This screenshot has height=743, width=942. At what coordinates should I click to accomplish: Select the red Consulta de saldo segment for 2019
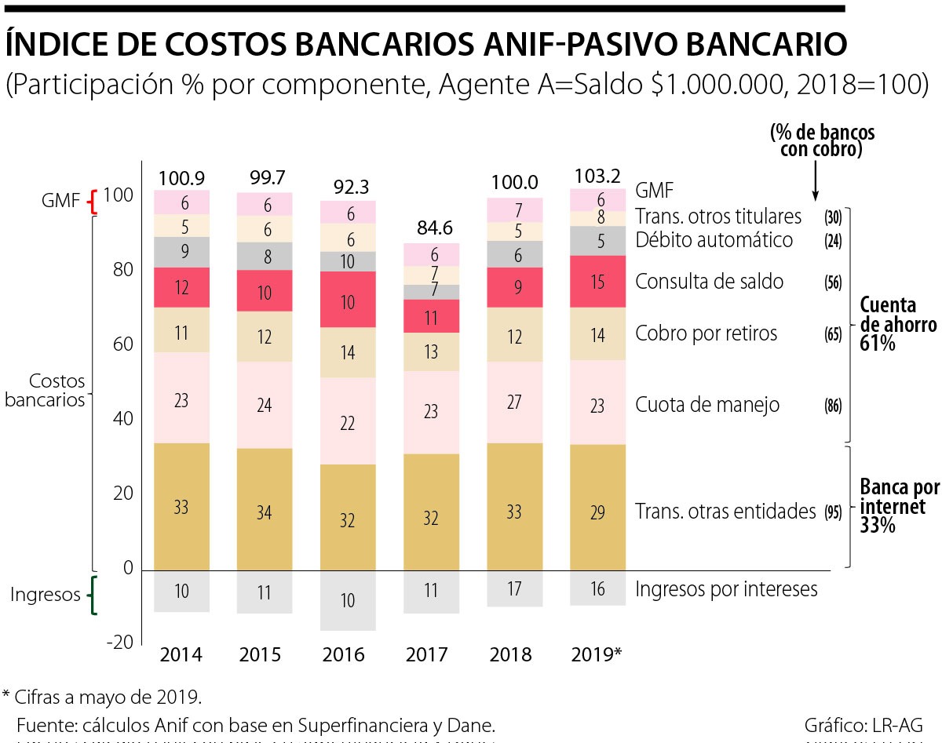(597, 281)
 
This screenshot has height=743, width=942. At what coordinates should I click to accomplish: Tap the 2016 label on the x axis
(347, 654)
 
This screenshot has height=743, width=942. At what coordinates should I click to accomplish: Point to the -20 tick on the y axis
(119, 643)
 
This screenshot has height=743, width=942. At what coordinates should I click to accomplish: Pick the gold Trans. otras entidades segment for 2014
(181, 506)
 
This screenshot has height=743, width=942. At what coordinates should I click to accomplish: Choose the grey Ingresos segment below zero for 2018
(514, 588)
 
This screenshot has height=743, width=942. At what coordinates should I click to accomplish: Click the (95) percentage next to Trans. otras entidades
(833, 512)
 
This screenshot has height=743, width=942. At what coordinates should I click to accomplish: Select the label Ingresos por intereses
(726, 589)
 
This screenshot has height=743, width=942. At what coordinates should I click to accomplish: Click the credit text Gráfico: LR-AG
(863, 723)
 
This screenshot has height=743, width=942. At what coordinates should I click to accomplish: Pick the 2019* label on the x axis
(597, 654)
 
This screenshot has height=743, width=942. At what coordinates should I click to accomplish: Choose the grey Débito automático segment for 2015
(265, 256)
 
